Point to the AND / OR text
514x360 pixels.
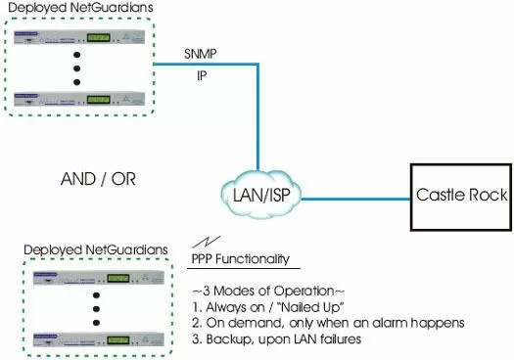tap(98, 180)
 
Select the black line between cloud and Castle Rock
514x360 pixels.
tap(353, 197)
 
